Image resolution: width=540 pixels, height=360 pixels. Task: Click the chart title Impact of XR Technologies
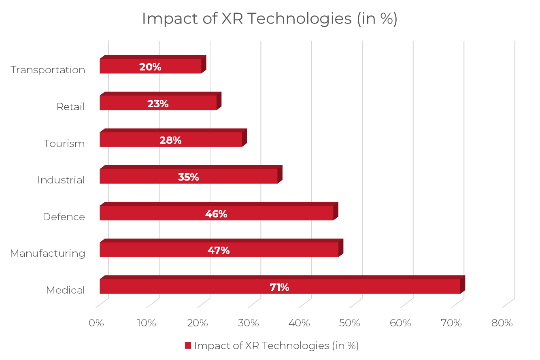(x=269, y=19)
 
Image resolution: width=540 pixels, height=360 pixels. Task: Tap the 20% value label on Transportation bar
(x=150, y=67)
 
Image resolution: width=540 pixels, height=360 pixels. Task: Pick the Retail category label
(x=71, y=107)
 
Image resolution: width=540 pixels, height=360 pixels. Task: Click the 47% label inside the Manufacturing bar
(x=219, y=251)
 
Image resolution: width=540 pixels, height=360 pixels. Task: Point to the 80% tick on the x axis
(x=502, y=323)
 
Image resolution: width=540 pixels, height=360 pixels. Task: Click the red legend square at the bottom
(x=188, y=346)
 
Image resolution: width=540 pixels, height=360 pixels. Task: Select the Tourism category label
(x=64, y=144)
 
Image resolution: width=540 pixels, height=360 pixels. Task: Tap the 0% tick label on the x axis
(x=96, y=323)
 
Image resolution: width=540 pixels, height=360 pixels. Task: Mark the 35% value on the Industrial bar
(x=188, y=177)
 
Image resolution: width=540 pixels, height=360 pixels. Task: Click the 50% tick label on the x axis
(x=350, y=323)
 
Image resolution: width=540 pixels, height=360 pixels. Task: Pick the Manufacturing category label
(x=48, y=253)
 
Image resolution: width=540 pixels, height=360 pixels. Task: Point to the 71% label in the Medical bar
(x=279, y=288)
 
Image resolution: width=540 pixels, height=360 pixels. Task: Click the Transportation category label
(x=48, y=70)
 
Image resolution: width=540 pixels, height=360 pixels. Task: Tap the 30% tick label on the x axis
(x=249, y=323)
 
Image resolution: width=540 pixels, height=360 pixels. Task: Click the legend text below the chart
(x=276, y=346)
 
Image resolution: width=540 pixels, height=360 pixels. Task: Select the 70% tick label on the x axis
(x=451, y=323)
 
